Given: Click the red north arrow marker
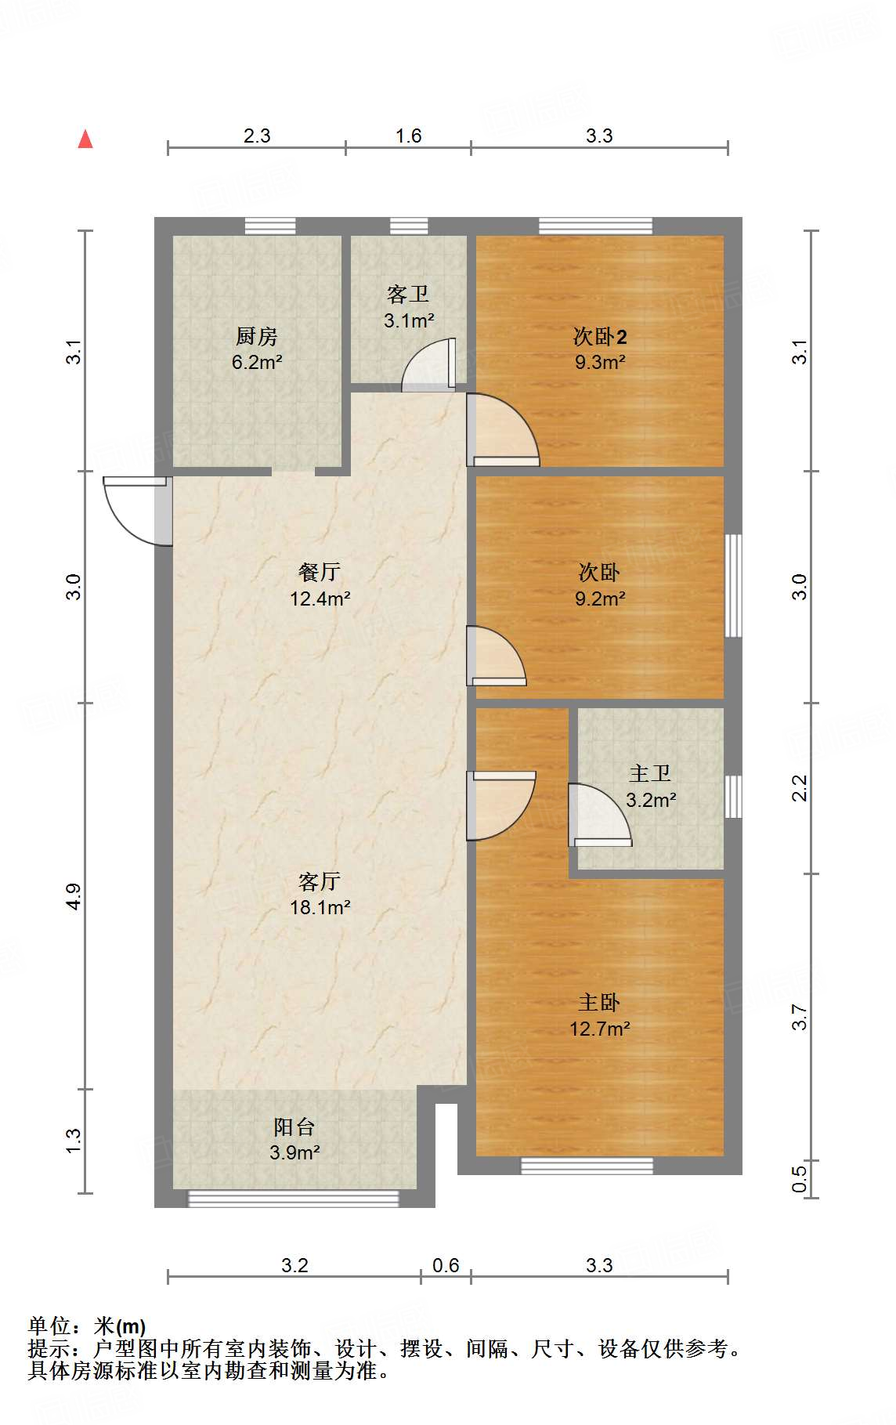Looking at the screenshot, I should (x=85, y=139).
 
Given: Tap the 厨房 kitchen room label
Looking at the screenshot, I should (x=257, y=337).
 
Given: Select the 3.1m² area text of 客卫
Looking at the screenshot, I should (x=409, y=320).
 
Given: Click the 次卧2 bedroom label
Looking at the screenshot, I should (x=600, y=337).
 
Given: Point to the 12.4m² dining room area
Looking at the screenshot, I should (x=320, y=599).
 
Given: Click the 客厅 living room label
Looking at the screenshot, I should (x=320, y=881).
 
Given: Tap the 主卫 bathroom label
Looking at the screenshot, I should (x=650, y=774).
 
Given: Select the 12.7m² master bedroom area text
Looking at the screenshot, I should (x=600, y=1029).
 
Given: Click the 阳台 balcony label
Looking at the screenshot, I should (x=294, y=1127).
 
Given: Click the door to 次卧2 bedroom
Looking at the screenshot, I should (x=501, y=431).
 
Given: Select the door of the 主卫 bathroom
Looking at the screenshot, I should (x=600, y=815).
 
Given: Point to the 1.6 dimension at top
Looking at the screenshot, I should (x=408, y=136).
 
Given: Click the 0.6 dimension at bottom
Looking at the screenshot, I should (x=446, y=1265).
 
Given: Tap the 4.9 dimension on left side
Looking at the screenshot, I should (x=73, y=896).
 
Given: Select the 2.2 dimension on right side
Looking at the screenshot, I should (x=800, y=788).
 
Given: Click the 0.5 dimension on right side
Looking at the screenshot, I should (x=800, y=1179).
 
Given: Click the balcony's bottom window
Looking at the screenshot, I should (x=294, y=1198).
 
